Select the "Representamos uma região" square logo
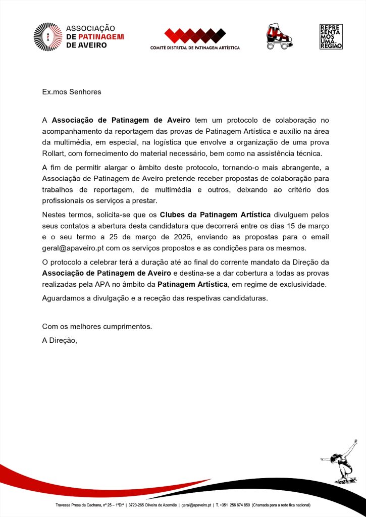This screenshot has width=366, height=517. click(331, 36)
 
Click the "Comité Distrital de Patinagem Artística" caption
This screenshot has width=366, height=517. click(195, 48)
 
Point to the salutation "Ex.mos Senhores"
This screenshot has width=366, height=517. click(72, 92)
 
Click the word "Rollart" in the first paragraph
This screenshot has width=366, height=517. click(54, 153)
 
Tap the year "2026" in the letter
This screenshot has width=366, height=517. click(213, 237)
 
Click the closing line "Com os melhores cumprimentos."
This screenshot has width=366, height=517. click(97, 326)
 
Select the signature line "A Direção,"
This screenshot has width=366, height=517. click(60, 340)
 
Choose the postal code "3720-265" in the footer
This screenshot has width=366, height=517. click(138, 505)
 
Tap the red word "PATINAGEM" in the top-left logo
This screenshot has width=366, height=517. click(95, 37)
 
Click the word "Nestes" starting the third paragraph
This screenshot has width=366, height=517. click(54, 215)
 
